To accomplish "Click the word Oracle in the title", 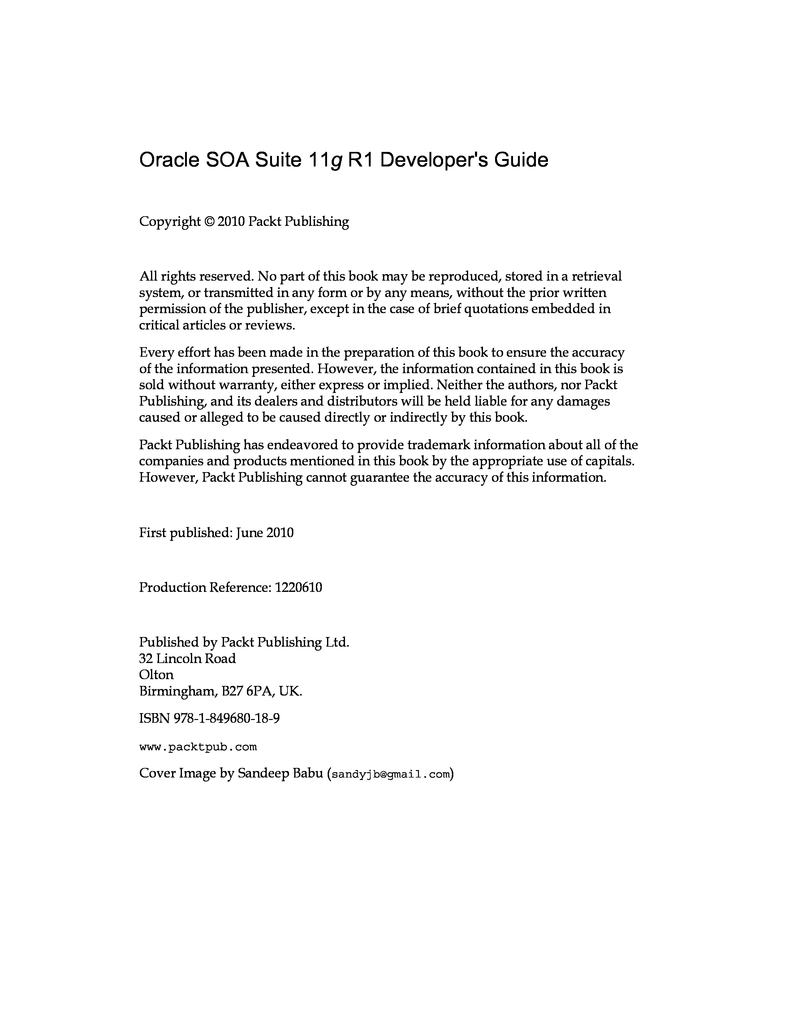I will click(169, 160).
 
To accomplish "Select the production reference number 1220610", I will click(298, 588).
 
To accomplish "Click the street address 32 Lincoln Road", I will click(188, 659).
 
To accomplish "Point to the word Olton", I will click(156, 675).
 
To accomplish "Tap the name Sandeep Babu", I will click(280, 774).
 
